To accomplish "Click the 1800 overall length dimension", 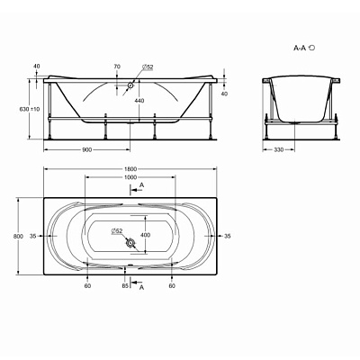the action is click(x=130, y=169).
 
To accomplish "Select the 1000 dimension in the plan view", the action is click(x=130, y=177).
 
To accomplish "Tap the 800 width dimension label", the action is click(x=18, y=236).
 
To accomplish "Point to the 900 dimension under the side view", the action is click(x=87, y=149).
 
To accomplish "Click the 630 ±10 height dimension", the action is click(x=30, y=109).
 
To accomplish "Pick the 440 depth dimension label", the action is click(x=139, y=101).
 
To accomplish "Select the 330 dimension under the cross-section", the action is click(x=279, y=149).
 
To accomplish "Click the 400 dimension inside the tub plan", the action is click(x=146, y=235).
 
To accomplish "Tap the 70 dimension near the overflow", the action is click(x=117, y=67).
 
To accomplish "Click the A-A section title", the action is click(x=304, y=48).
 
